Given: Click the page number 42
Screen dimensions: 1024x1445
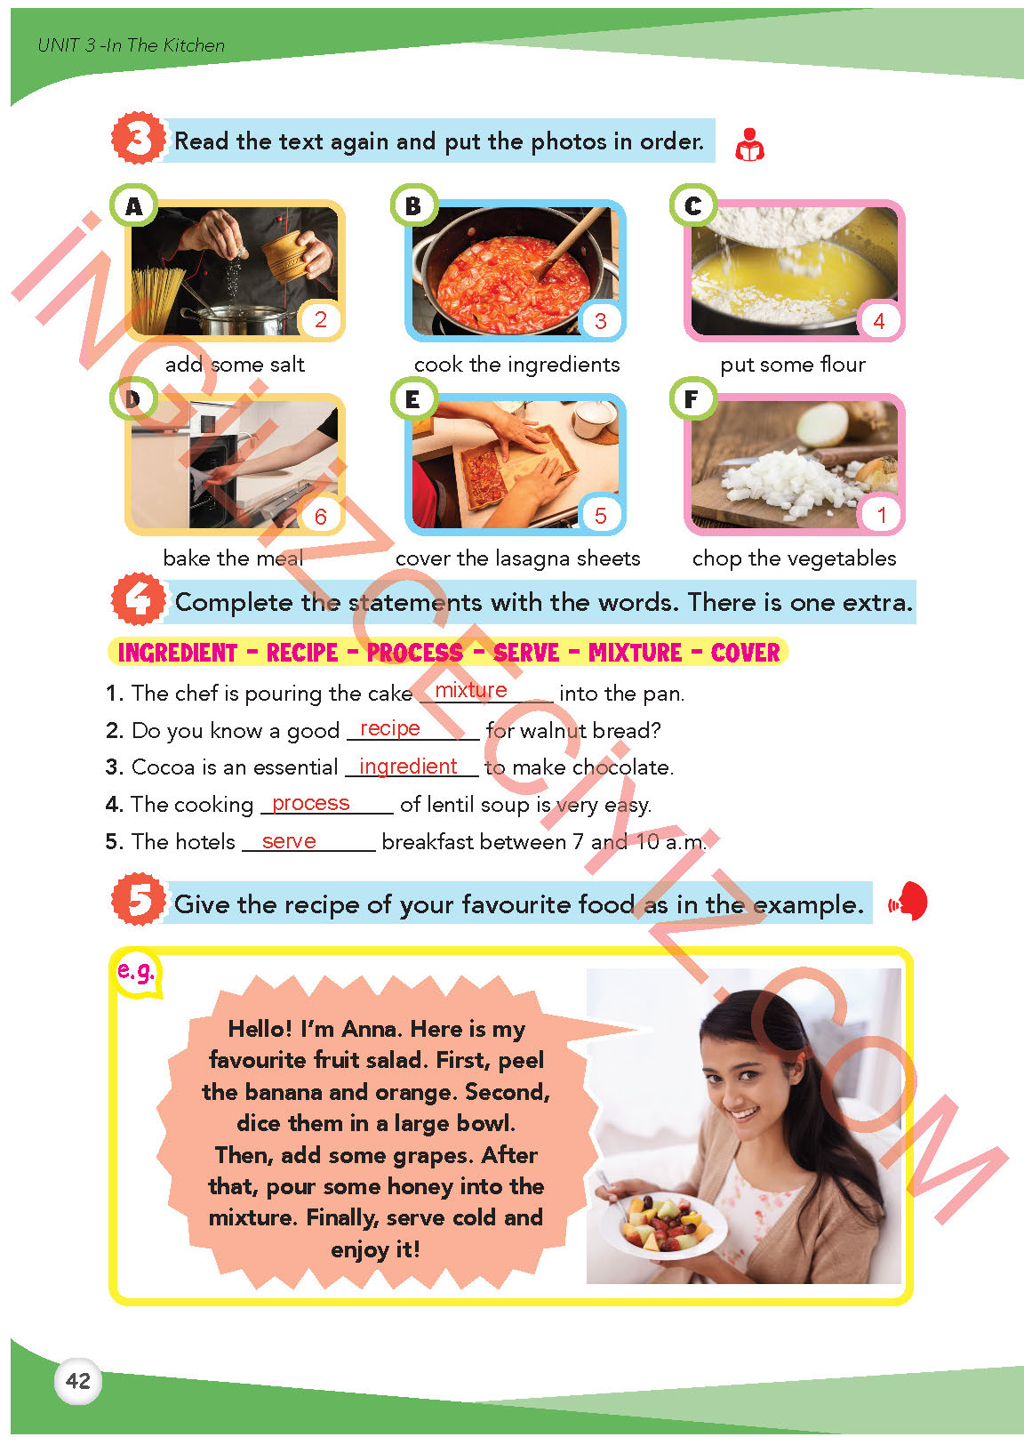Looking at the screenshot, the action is [x=78, y=1380].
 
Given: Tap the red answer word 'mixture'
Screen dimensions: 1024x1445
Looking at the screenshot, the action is [x=471, y=690].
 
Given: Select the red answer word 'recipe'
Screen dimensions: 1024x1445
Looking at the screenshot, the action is [x=390, y=727].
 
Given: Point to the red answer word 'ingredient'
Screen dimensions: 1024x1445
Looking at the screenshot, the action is [x=408, y=766].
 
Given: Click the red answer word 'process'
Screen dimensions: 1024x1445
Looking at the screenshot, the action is [x=311, y=803].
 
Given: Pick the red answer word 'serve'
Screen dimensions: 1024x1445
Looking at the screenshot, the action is [x=289, y=840].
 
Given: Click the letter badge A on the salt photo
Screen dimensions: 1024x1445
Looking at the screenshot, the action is [x=133, y=206].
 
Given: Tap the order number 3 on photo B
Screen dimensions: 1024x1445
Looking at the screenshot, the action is [x=600, y=321].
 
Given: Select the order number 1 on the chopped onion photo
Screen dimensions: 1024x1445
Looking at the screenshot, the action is [x=881, y=515].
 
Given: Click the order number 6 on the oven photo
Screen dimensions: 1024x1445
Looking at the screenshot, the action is [x=321, y=516].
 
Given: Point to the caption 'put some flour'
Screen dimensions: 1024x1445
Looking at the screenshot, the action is [x=793, y=365].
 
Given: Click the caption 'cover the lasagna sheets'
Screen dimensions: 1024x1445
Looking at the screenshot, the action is [x=517, y=558].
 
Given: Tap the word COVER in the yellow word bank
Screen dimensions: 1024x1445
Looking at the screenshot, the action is [x=746, y=652].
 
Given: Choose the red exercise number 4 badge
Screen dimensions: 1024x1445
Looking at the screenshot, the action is [x=138, y=599].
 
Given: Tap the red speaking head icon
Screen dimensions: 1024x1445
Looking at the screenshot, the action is [x=908, y=902].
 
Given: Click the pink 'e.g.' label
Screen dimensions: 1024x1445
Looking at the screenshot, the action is [x=135, y=972].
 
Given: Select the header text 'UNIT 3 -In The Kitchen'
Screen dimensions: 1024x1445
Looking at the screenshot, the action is [x=131, y=45].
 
